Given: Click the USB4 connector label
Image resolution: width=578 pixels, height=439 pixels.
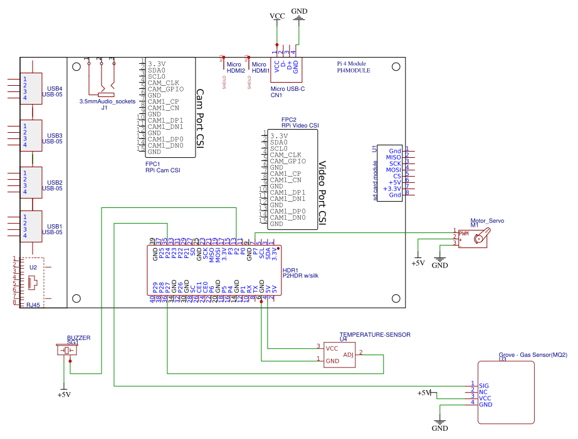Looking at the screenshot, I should pyautogui.click(x=55, y=88).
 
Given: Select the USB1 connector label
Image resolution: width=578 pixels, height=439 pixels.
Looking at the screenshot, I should pyautogui.click(x=55, y=226).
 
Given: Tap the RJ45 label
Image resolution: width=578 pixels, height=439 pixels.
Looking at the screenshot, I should pyautogui.click(x=33, y=305).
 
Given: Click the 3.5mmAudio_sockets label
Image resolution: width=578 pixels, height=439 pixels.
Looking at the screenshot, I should pyautogui.click(x=107, y=101).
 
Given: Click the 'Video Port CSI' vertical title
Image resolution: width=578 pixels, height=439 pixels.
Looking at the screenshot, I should pyautogui.click(x=323, y=192).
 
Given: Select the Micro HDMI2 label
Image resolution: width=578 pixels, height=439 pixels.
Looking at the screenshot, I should pyautogui.click(x=236, y=68).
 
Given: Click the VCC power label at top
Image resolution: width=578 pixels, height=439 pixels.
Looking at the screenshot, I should pyautogui.click(x=276, y=16).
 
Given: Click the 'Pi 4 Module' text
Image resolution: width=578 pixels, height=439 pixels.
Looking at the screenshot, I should pyautogui.click(x=352, y=64).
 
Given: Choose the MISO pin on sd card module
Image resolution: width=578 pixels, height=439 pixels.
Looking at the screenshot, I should pyautogui.click(x=393, y=157).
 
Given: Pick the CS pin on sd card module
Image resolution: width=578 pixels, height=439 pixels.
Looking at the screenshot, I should pyautogui.click(x=397, y=176).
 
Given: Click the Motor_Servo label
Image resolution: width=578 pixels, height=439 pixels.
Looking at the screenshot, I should pyautogui.click(x=487, y=221).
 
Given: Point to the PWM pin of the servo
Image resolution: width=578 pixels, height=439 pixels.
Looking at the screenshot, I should pyautogui.click(x=464, y=234).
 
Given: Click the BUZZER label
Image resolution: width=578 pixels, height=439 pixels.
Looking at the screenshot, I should pyautogui.click(x=78, y=338).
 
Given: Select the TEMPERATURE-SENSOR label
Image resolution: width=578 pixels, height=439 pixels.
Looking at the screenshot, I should pyautogui.click(x=375, y=335).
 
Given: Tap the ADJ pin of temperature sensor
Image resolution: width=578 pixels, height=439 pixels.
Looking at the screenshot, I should pyautogui.click(x=349, y=354).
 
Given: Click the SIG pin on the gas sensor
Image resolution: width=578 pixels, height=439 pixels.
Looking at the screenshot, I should pyautogui.click(x=483, y=386).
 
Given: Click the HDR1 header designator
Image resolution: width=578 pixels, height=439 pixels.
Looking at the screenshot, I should pyautogui.click(x=291, y=269).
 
